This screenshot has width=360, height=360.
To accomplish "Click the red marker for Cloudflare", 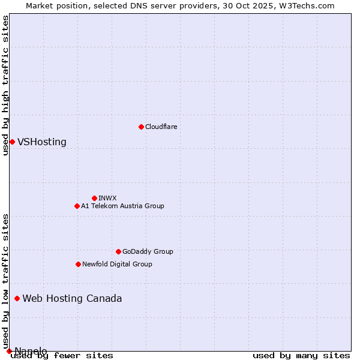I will click(x=141, y=127).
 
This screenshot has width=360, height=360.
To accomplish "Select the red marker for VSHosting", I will click(x=12, y=142).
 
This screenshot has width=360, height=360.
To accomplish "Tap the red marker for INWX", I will click(x=94, y=198).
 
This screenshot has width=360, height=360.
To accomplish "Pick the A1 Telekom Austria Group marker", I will click(x=77, y=206).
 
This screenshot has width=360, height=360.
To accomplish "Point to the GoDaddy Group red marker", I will click(x=118, y=251).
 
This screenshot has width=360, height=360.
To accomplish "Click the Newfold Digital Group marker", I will click(x=78, y=264).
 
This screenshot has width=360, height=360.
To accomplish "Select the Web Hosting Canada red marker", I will click(x=17, y=298).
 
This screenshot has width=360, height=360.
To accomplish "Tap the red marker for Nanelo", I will click(x=9, y=351).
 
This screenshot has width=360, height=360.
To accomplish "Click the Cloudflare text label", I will click(x=161, y=127).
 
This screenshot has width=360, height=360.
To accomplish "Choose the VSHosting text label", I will click(x=42, y=142).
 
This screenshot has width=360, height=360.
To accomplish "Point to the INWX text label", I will click(x=107, y=198).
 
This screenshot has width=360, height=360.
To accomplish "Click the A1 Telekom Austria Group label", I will click(x=122, y=206).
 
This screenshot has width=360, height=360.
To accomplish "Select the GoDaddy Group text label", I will click(x=148, y=251).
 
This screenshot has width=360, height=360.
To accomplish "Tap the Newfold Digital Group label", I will click(x=117, y=264).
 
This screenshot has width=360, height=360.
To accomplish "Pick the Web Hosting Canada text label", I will click(x=72, y=299).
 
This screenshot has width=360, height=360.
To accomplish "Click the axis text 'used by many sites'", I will click(x=301, y=356).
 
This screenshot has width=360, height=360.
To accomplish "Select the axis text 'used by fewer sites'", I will click(x=62, y=356).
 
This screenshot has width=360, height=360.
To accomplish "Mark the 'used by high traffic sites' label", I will click(x=5, y=85).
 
